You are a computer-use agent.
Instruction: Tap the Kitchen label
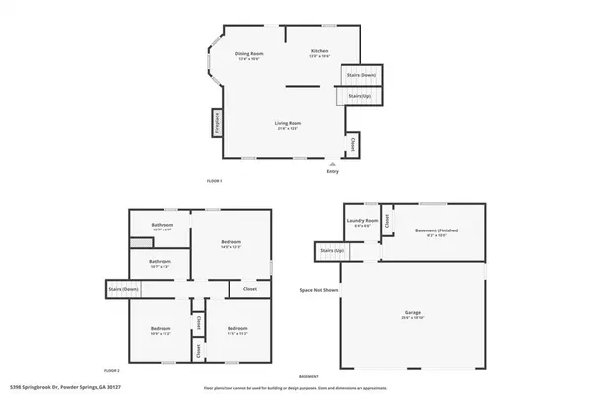pos(320,51)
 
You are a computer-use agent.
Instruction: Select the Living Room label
pos(287,124)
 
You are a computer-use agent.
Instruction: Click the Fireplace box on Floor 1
pos(215,123)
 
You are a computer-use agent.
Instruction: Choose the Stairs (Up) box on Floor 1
pos(360,96)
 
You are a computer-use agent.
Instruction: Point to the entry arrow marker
pos(333,164)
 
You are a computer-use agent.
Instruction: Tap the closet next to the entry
pos(355,145)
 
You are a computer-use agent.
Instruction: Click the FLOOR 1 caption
pos(214,181)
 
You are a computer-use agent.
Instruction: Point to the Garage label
pos(412,314)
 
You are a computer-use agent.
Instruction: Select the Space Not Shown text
pos(318,290)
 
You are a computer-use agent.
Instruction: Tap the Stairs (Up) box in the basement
pos(332,252)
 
